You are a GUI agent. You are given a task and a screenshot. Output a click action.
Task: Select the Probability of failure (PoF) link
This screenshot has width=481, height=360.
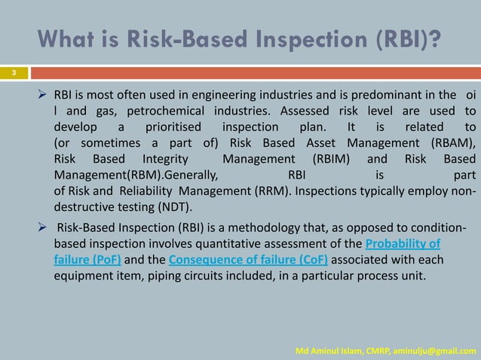(403, 245)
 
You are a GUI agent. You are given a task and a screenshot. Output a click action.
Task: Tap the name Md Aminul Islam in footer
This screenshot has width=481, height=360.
(330, 351)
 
